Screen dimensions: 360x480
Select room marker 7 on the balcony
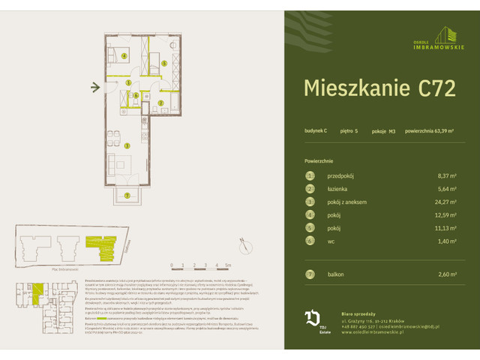point(127,195)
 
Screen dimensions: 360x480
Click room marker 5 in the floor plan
point(163,64)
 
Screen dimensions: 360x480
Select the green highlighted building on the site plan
point(97,246)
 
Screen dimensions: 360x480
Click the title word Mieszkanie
point(349,88)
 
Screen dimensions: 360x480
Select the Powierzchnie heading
point(319,160)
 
